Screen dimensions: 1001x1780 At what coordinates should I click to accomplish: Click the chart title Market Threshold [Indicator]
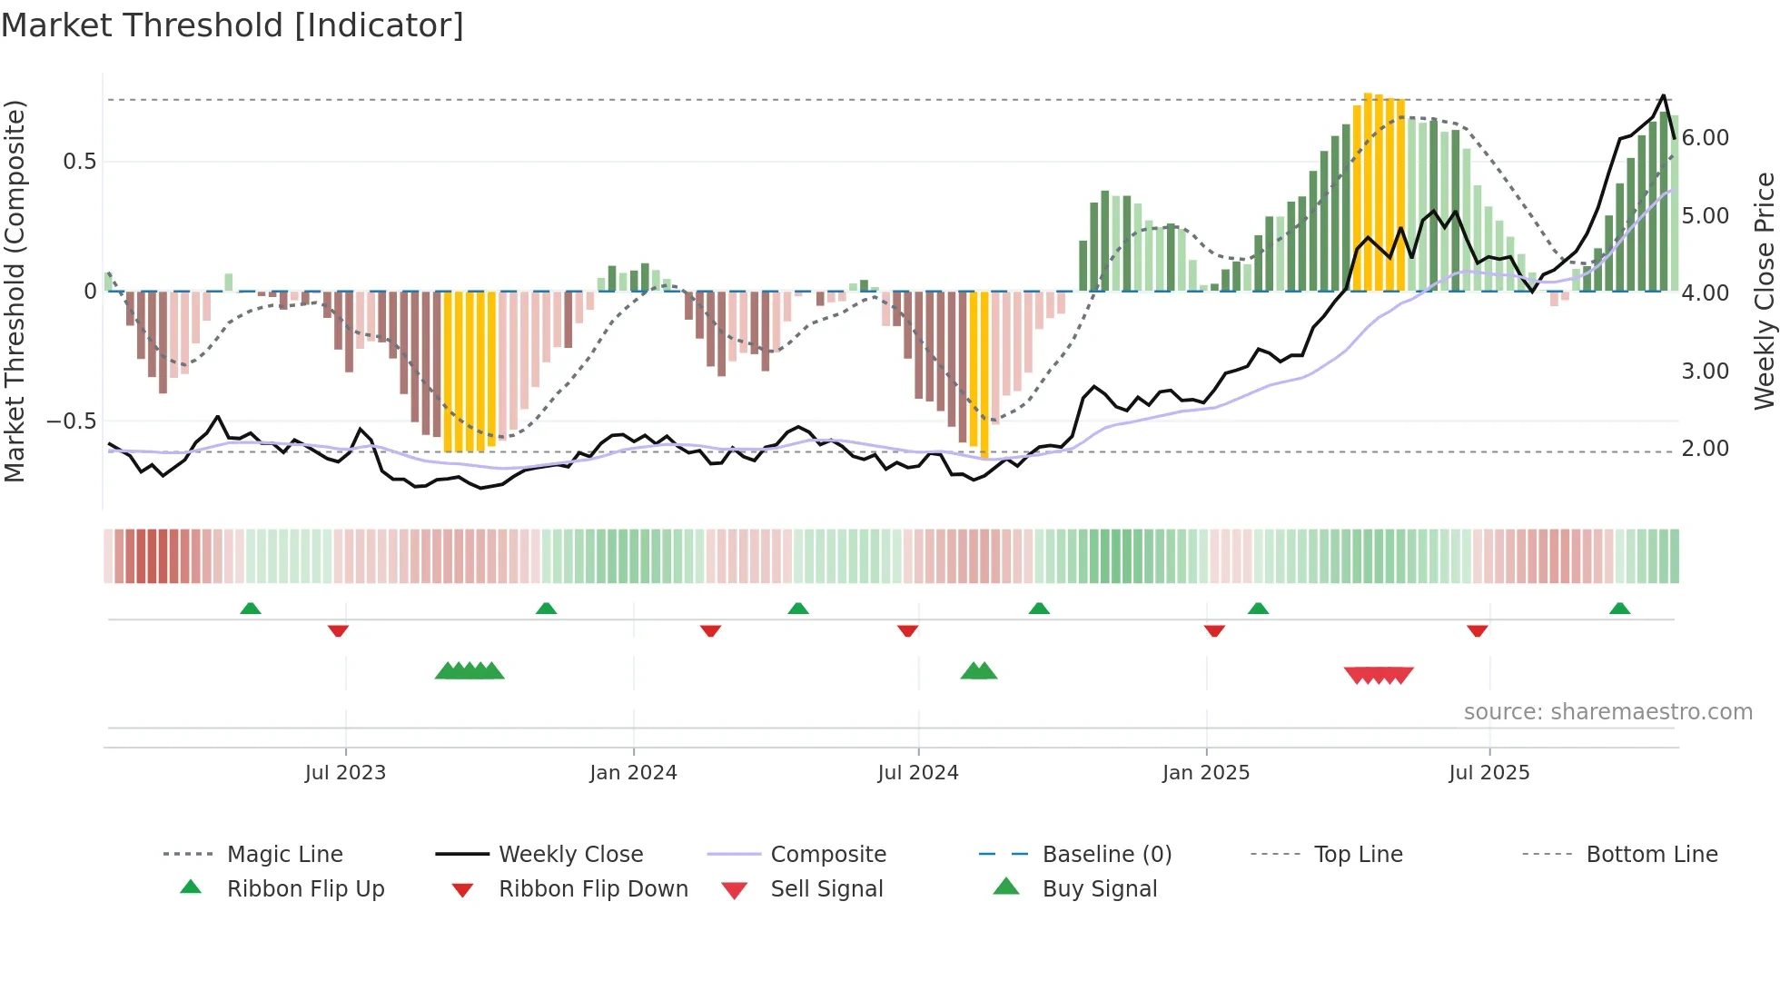click(x=232, y=25)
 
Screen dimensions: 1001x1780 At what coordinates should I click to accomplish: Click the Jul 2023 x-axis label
click(x=345, y=773)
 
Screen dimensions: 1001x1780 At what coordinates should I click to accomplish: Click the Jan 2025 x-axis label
click(x=1206, y=773)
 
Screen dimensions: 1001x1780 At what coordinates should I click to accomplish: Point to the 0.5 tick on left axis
click(x=79, y=162)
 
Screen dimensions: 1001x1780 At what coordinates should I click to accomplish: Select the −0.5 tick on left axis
click(x=71, y=421)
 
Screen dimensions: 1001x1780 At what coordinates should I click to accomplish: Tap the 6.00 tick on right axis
click(x=1705, y=138)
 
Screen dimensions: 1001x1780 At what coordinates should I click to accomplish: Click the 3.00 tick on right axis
click(x=1705, y=372)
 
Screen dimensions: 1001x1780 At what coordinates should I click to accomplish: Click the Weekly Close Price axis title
click(x=1764, y=291)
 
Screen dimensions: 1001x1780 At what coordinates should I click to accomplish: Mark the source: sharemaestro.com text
click(x=1607, y=712)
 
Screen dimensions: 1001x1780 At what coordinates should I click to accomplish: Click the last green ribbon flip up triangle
click(x=1619, y=609)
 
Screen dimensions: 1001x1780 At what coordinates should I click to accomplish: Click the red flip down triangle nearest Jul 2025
click(x=1478, y=630)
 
